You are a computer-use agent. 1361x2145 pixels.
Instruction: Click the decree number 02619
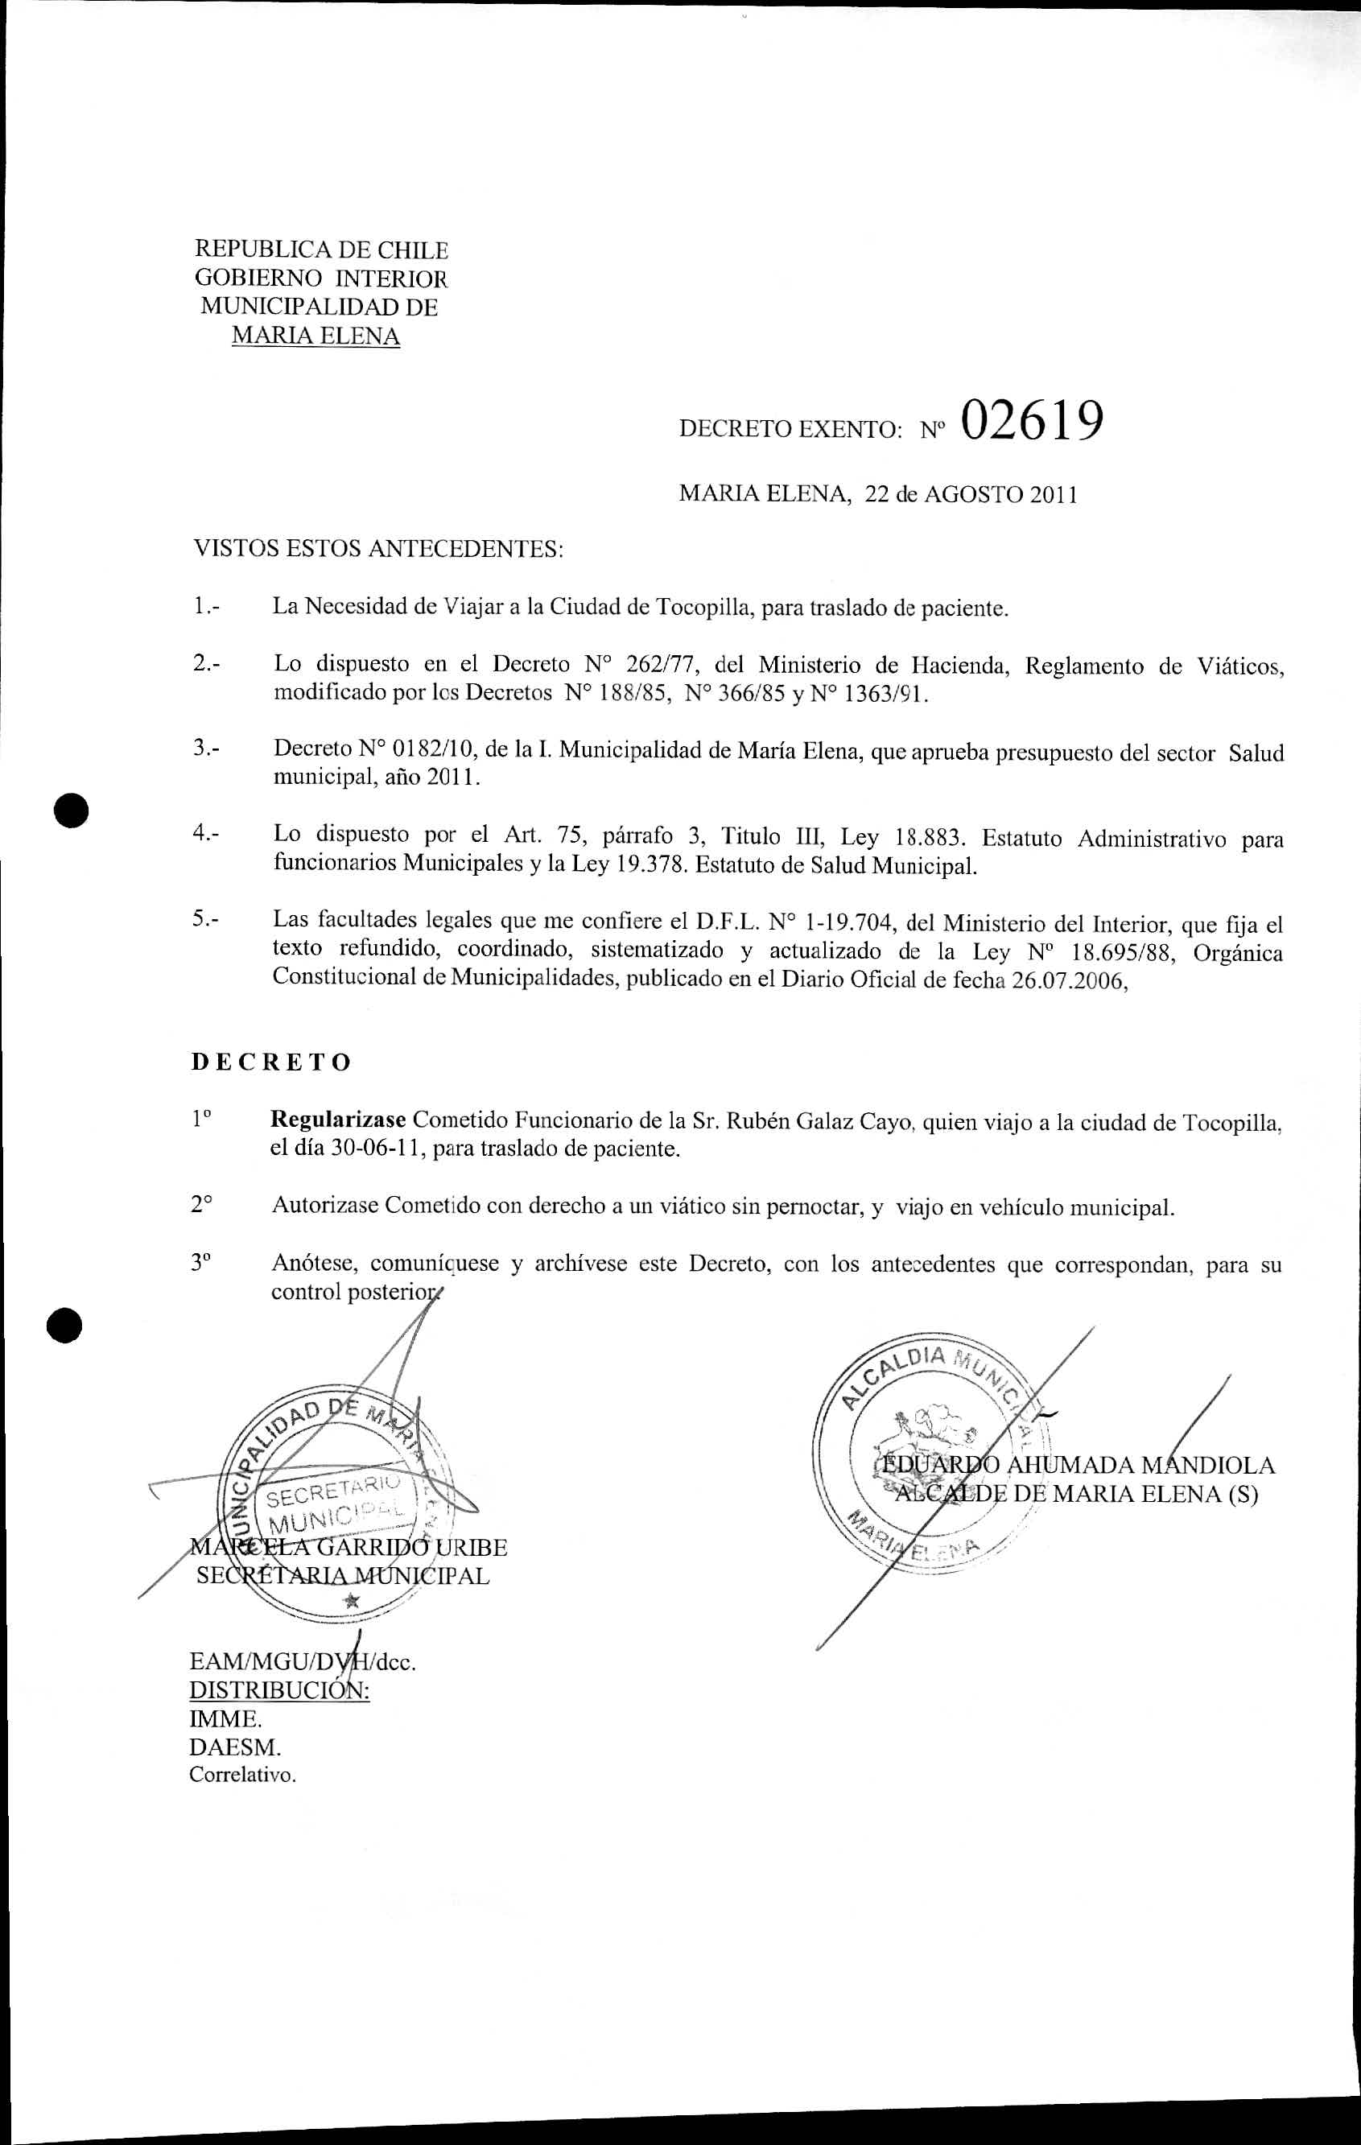click(1033, 420)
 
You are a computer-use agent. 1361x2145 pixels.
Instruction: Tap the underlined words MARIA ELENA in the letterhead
click(316, 336)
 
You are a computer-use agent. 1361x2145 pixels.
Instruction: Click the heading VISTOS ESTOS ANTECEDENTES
click(378, 548)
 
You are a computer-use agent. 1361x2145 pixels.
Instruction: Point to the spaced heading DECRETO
click(272, 1062)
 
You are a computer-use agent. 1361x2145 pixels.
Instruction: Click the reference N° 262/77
click(641, 665)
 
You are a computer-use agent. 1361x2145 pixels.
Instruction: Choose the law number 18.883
click(929, 837)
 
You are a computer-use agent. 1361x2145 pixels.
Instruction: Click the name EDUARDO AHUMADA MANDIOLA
click(1077, 1466)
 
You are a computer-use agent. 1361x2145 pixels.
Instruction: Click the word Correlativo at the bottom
click(241, 1775)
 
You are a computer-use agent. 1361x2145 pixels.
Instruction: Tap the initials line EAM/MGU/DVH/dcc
click(303, 1661)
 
